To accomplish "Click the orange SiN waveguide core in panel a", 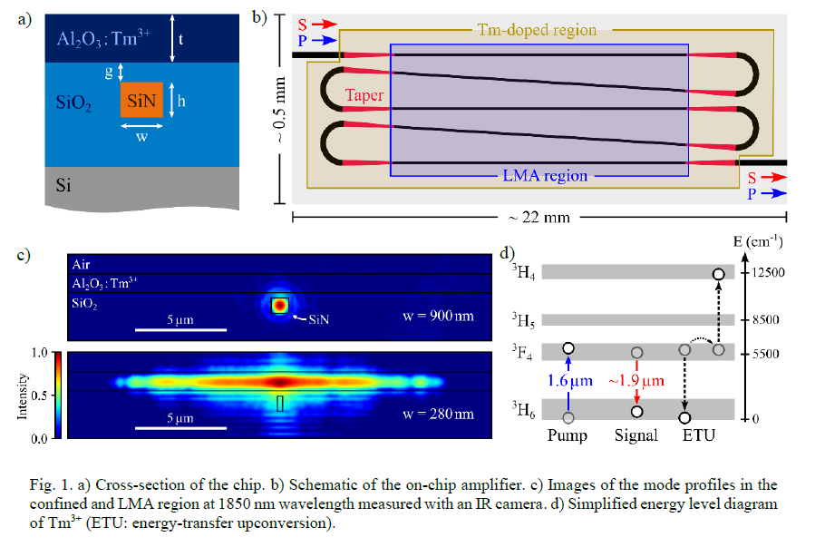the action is pyautogui.click(x=141, y=99).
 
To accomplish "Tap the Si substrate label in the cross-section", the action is pyautogui.click(x=63, y=184).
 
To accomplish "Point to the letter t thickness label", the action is pyautogui.click(x=181, y=39).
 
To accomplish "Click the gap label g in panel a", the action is pyautogui.click(x=109, y=71).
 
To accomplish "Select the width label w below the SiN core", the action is pyautogui.click(x=142, y=137).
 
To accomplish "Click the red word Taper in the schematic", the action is pyautogui.click(x=364, y=95).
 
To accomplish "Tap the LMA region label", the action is pyautogui.click(x=545, y=176).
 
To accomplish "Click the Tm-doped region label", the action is pyautogui.click(x=537, y=30).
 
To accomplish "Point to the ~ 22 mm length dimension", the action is pyautogui.click(x=539, y=218).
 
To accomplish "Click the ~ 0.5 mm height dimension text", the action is pyautogui.click(x=279, y=110).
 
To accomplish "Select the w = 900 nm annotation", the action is pyautogui.click(x=438, y=316).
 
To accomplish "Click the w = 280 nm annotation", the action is pyautogui.click(x=438, y=414).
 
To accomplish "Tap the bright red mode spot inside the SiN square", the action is pyautogui.click(x=279, y=305).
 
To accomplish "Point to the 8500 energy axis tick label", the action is pyautogui.click(x=766, y=319).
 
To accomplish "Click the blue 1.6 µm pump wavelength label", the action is pyautogui.click(x=569, y=381).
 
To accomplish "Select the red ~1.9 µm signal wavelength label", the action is pyautogui.click(x=636, y=381).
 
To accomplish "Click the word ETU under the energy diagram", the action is pyautogui.click(x=699, y=435).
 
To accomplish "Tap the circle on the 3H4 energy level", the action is pyautogui.click(x=718, y=274).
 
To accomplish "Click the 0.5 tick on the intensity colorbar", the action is pyautogui.click(x=39, y=396).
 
